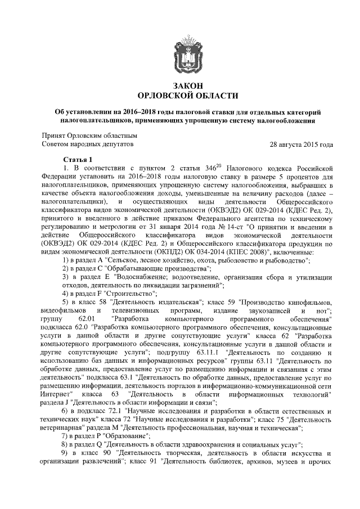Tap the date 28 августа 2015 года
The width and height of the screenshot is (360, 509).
pos(301,145)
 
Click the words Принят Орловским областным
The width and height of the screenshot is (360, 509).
pos(90,135)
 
